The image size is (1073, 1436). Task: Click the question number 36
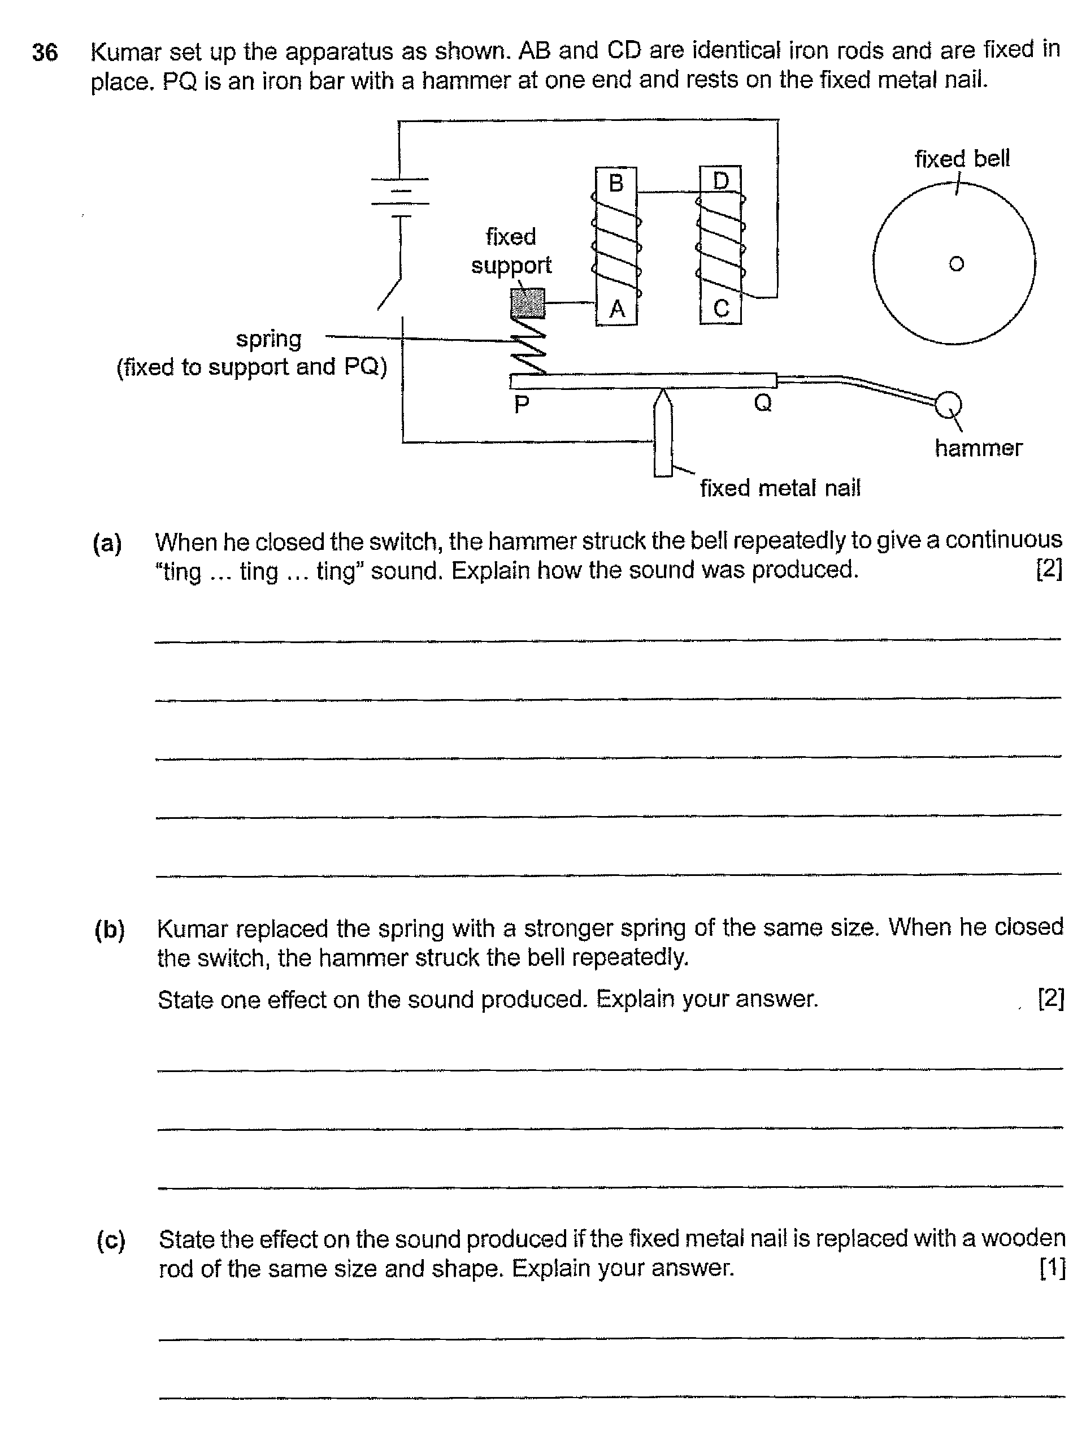tap(45, 53)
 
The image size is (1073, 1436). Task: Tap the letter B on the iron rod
tap(615, 184)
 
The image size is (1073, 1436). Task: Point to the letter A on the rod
tap(616, 309)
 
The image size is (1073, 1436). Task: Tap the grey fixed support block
tap(528, 303)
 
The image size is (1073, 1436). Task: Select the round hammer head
tap(947, 405)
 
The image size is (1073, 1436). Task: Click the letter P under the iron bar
tap(522, 405)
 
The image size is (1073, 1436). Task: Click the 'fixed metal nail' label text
tap(780, 488)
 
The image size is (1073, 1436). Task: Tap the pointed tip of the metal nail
tap(662, 393)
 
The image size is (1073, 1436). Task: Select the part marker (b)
tap(109, 930)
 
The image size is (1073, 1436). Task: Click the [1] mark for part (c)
tap(1052, 1268)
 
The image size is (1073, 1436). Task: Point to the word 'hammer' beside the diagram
tap(978, 448)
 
